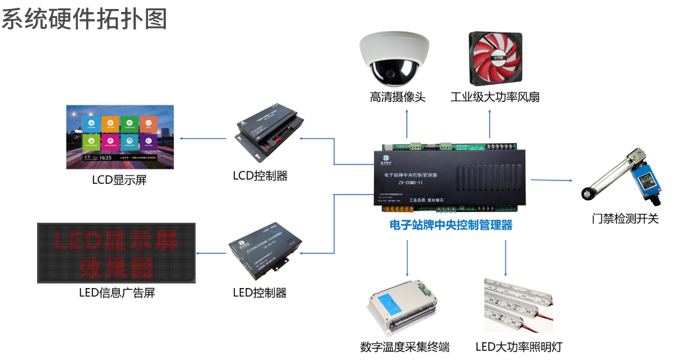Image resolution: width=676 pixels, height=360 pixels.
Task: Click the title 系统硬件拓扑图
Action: point(84,19)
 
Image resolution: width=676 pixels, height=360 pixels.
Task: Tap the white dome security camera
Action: point(394,59)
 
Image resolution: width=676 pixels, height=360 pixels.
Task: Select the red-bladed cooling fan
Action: point(496,59)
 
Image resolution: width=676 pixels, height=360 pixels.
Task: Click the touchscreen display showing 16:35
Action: point(120,137)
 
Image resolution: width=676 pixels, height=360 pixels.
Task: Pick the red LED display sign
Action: point(116,253)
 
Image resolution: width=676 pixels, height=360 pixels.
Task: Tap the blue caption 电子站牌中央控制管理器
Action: point(451,225)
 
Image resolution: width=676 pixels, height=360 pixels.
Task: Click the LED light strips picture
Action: point(519,302)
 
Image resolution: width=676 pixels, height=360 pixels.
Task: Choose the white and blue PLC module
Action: point(402,308)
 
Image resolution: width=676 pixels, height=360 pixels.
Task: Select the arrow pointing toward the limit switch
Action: point(551,180)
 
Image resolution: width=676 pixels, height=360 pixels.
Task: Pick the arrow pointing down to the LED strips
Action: point(505,258)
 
